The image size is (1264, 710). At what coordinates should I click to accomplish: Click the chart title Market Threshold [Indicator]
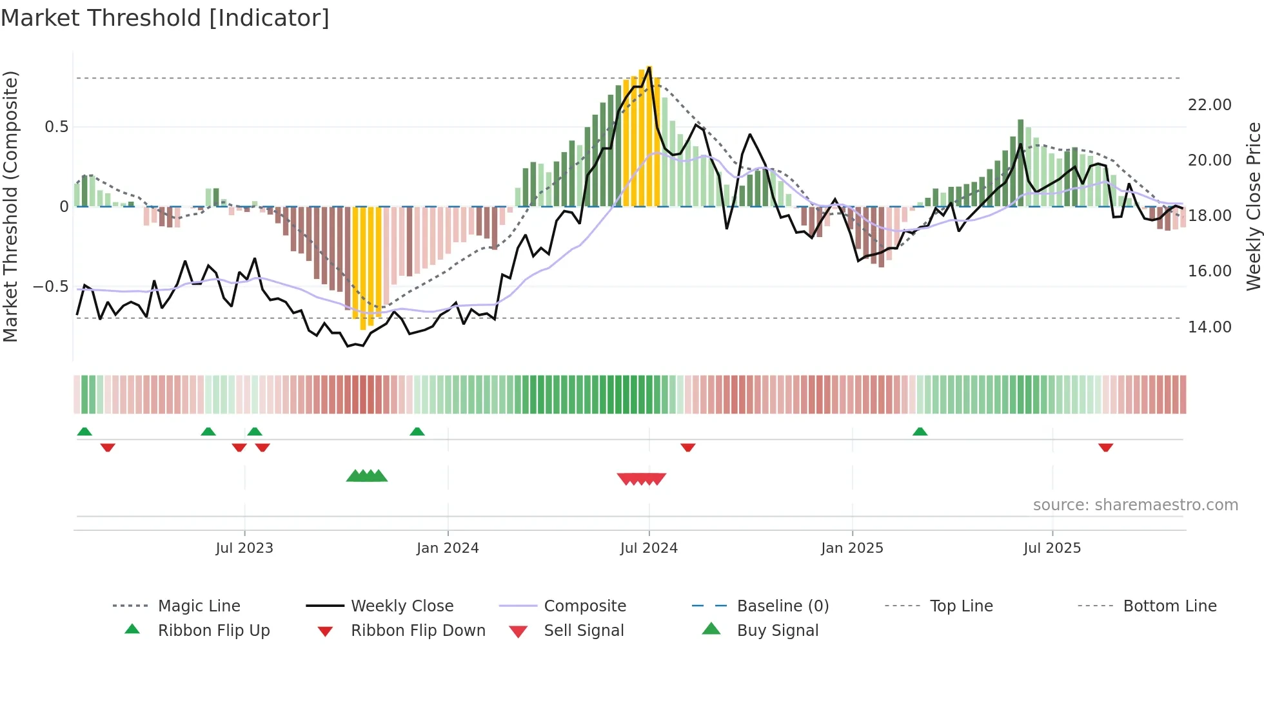tap(165, 18)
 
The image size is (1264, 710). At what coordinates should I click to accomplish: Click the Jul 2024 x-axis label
tap(649, 548)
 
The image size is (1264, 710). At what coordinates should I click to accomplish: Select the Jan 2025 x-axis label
tap(852, 548)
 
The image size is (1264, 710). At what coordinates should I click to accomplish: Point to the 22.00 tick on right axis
tap(1209, 104)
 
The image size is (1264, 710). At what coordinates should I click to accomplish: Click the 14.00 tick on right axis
tap(1209, 327)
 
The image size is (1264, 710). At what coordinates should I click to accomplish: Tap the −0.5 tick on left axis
tap(51, 286)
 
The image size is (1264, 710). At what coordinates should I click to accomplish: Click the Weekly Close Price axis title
tap(1253, 206)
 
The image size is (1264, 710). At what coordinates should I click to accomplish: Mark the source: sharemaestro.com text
tap(1135, 504)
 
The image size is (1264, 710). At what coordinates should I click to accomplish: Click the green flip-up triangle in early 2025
tap(920, 432)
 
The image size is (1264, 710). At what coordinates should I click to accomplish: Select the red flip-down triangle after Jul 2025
tap(1105, 447)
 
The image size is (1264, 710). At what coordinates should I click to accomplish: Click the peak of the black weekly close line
tap(649, 67)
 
